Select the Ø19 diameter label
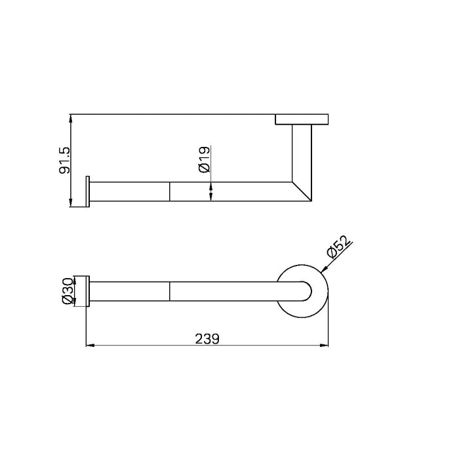tap(204, 159)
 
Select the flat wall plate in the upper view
tap(302, 119)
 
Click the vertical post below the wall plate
tap(302, 154)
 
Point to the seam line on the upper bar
tap(170, 191)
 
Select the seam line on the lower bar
tap(170, 290)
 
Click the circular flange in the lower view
tap(302, 272)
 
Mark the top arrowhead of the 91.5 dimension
tap(71, 118)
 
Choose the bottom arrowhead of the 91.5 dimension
tap(71, 203)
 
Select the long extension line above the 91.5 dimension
tap(170, 115)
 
